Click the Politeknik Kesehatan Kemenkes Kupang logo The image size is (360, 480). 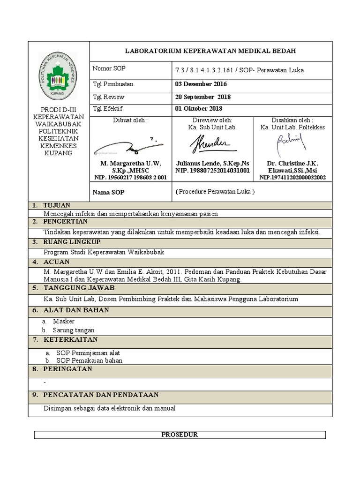coord(59,75)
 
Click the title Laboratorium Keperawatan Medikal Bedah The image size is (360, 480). coord(210,51)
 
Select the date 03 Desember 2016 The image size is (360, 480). coord(201,84)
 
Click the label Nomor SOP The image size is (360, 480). coord(109,68)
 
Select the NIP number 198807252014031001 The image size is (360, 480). coord(212,171)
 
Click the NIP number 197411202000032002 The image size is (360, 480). coord(292,178)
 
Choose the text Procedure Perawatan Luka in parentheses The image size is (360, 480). coord(215,192)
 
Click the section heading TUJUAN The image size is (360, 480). coord(57,205)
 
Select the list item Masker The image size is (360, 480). coord(64,322)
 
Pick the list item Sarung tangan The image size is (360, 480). coord(74,330)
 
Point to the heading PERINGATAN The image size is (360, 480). coord(67,369)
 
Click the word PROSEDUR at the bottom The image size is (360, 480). coord(180,435)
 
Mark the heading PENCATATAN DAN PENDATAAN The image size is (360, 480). coord(101,395)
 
